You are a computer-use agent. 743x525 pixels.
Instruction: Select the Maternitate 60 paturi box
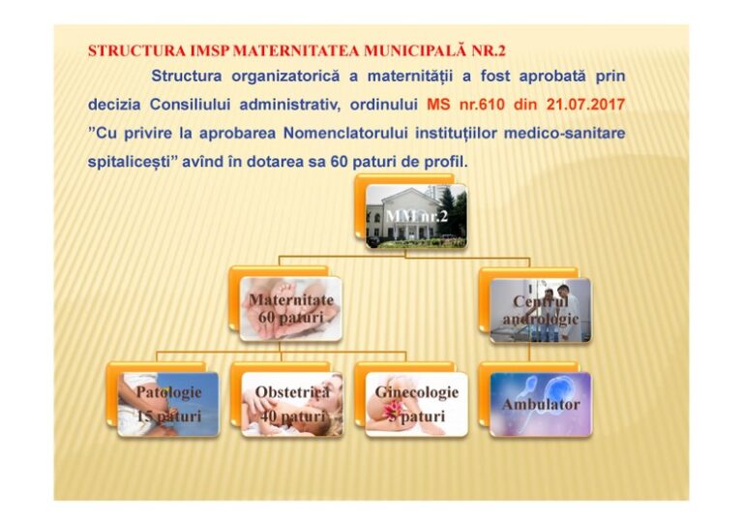tap(289, 309)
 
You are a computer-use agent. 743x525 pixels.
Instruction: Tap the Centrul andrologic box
tap(539, 310)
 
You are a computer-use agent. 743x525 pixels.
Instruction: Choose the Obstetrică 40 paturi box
tap(291, 403)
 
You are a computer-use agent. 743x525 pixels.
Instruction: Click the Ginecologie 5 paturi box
tap(416, 403)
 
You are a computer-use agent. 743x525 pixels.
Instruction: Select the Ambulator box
tap(540, 403)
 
